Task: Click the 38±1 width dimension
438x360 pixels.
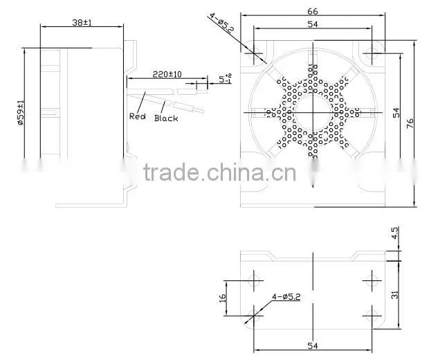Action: [x=82, y=22]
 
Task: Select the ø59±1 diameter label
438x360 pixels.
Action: [x=21, y=113]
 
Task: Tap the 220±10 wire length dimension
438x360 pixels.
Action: [x=167, y=74]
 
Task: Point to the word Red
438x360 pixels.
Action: [x=138, y=116]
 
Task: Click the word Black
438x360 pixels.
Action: [x=166, y=118]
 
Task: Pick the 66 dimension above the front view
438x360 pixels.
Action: [x=313, y=11]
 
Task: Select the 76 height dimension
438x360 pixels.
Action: [x=410, y=123]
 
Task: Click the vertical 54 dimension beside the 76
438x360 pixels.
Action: [x=396, y=113]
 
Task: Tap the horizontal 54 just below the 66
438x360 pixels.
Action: [x=313, y=24]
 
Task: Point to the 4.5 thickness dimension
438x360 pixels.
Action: [x=394, y=233]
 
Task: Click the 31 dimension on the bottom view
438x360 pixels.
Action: [x=394, y=295]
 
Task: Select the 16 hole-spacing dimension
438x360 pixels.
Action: [x=222, y=298]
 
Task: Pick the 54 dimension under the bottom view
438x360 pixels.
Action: [x=313, y=345]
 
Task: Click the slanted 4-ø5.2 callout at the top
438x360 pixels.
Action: [x=221, y=24]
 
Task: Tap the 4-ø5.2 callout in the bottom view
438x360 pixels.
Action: [x=286, y=296]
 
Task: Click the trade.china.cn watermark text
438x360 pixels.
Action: [x=219, y=172]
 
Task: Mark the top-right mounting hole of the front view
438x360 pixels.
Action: [x=372, y=53]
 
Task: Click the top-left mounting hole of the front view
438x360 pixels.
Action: [x=254, y=53]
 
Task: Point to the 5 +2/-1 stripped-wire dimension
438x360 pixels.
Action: [x=225, y=78]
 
